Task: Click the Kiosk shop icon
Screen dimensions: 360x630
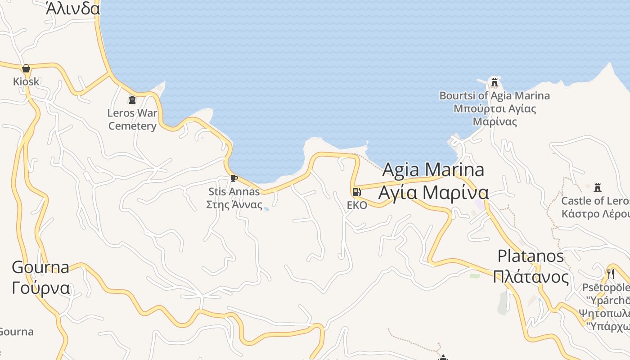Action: click(26, 68)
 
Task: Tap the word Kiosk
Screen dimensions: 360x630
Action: click(26, 81)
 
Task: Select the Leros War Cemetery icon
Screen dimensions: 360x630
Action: click(132, 99)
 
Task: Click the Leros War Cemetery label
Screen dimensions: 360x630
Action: click(132, 119)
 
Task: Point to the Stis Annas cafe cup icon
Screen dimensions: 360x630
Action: click(234, 178)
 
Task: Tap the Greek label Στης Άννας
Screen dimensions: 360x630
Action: click(234, 204)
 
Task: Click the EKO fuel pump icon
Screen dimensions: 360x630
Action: click(356, 192)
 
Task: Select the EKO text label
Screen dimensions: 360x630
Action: click(357, 205)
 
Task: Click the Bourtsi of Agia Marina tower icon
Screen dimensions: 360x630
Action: click(495, 82)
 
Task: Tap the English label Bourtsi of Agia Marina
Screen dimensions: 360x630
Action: click(495, 95)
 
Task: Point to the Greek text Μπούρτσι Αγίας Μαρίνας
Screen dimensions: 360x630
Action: click(495, 115)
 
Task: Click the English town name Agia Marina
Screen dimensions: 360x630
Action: click(433, 170)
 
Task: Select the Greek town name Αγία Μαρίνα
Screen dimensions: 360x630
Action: click(433, 193)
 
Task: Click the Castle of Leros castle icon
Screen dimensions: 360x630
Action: click(598, 187)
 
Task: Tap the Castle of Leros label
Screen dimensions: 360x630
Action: click(595, 201)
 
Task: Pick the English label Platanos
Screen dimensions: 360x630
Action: click(531, 256)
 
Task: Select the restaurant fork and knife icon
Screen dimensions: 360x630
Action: click(611, 274)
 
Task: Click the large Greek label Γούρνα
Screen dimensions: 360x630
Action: click(41, 288)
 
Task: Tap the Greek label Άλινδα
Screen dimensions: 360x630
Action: click(72, 9)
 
